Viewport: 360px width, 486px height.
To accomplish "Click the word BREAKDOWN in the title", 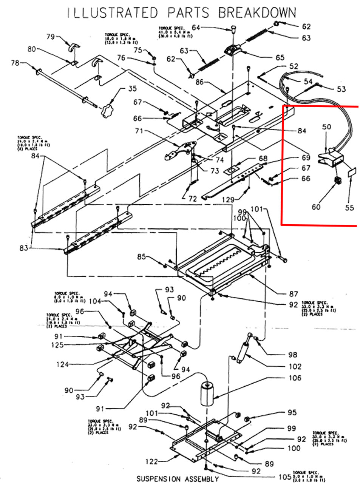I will click(257, 12).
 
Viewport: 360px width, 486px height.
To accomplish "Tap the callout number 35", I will click(122, 89).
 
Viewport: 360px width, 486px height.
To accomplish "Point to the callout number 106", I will click(295, 378).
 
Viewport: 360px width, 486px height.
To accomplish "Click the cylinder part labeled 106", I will click(207, 394).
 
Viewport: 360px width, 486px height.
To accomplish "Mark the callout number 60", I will click(316, 207).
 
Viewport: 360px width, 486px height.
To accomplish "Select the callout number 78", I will click(15, 63).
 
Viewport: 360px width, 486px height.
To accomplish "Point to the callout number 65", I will click(280, 57).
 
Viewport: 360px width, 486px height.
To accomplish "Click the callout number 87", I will click(294, 294).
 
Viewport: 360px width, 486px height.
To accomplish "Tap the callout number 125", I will click(57, 345).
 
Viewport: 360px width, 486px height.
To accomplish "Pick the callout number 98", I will click(292, 355).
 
